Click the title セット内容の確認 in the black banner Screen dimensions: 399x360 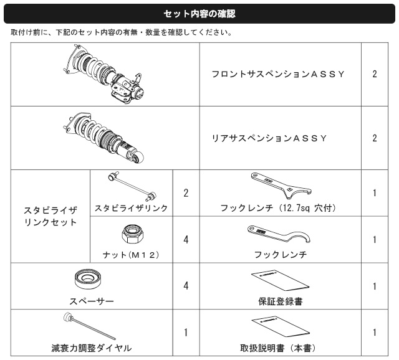199,14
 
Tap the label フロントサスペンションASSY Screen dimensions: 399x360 278,74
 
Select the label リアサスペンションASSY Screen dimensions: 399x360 269,138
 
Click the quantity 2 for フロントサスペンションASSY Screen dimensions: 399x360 375,74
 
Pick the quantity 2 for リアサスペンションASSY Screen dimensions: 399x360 375,138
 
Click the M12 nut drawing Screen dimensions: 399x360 132,234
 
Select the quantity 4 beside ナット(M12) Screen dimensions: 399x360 186,240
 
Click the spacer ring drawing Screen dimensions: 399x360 88,279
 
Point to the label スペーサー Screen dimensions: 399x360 92,301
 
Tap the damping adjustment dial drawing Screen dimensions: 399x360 89,326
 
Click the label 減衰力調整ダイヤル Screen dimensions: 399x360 92,348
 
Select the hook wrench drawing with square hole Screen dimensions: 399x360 281,186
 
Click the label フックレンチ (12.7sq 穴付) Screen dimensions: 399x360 278,208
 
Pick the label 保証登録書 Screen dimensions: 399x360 281,301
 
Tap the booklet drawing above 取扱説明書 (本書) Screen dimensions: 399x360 281,327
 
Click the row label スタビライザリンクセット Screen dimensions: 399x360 50,216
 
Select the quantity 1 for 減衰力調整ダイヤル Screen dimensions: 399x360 186,333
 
